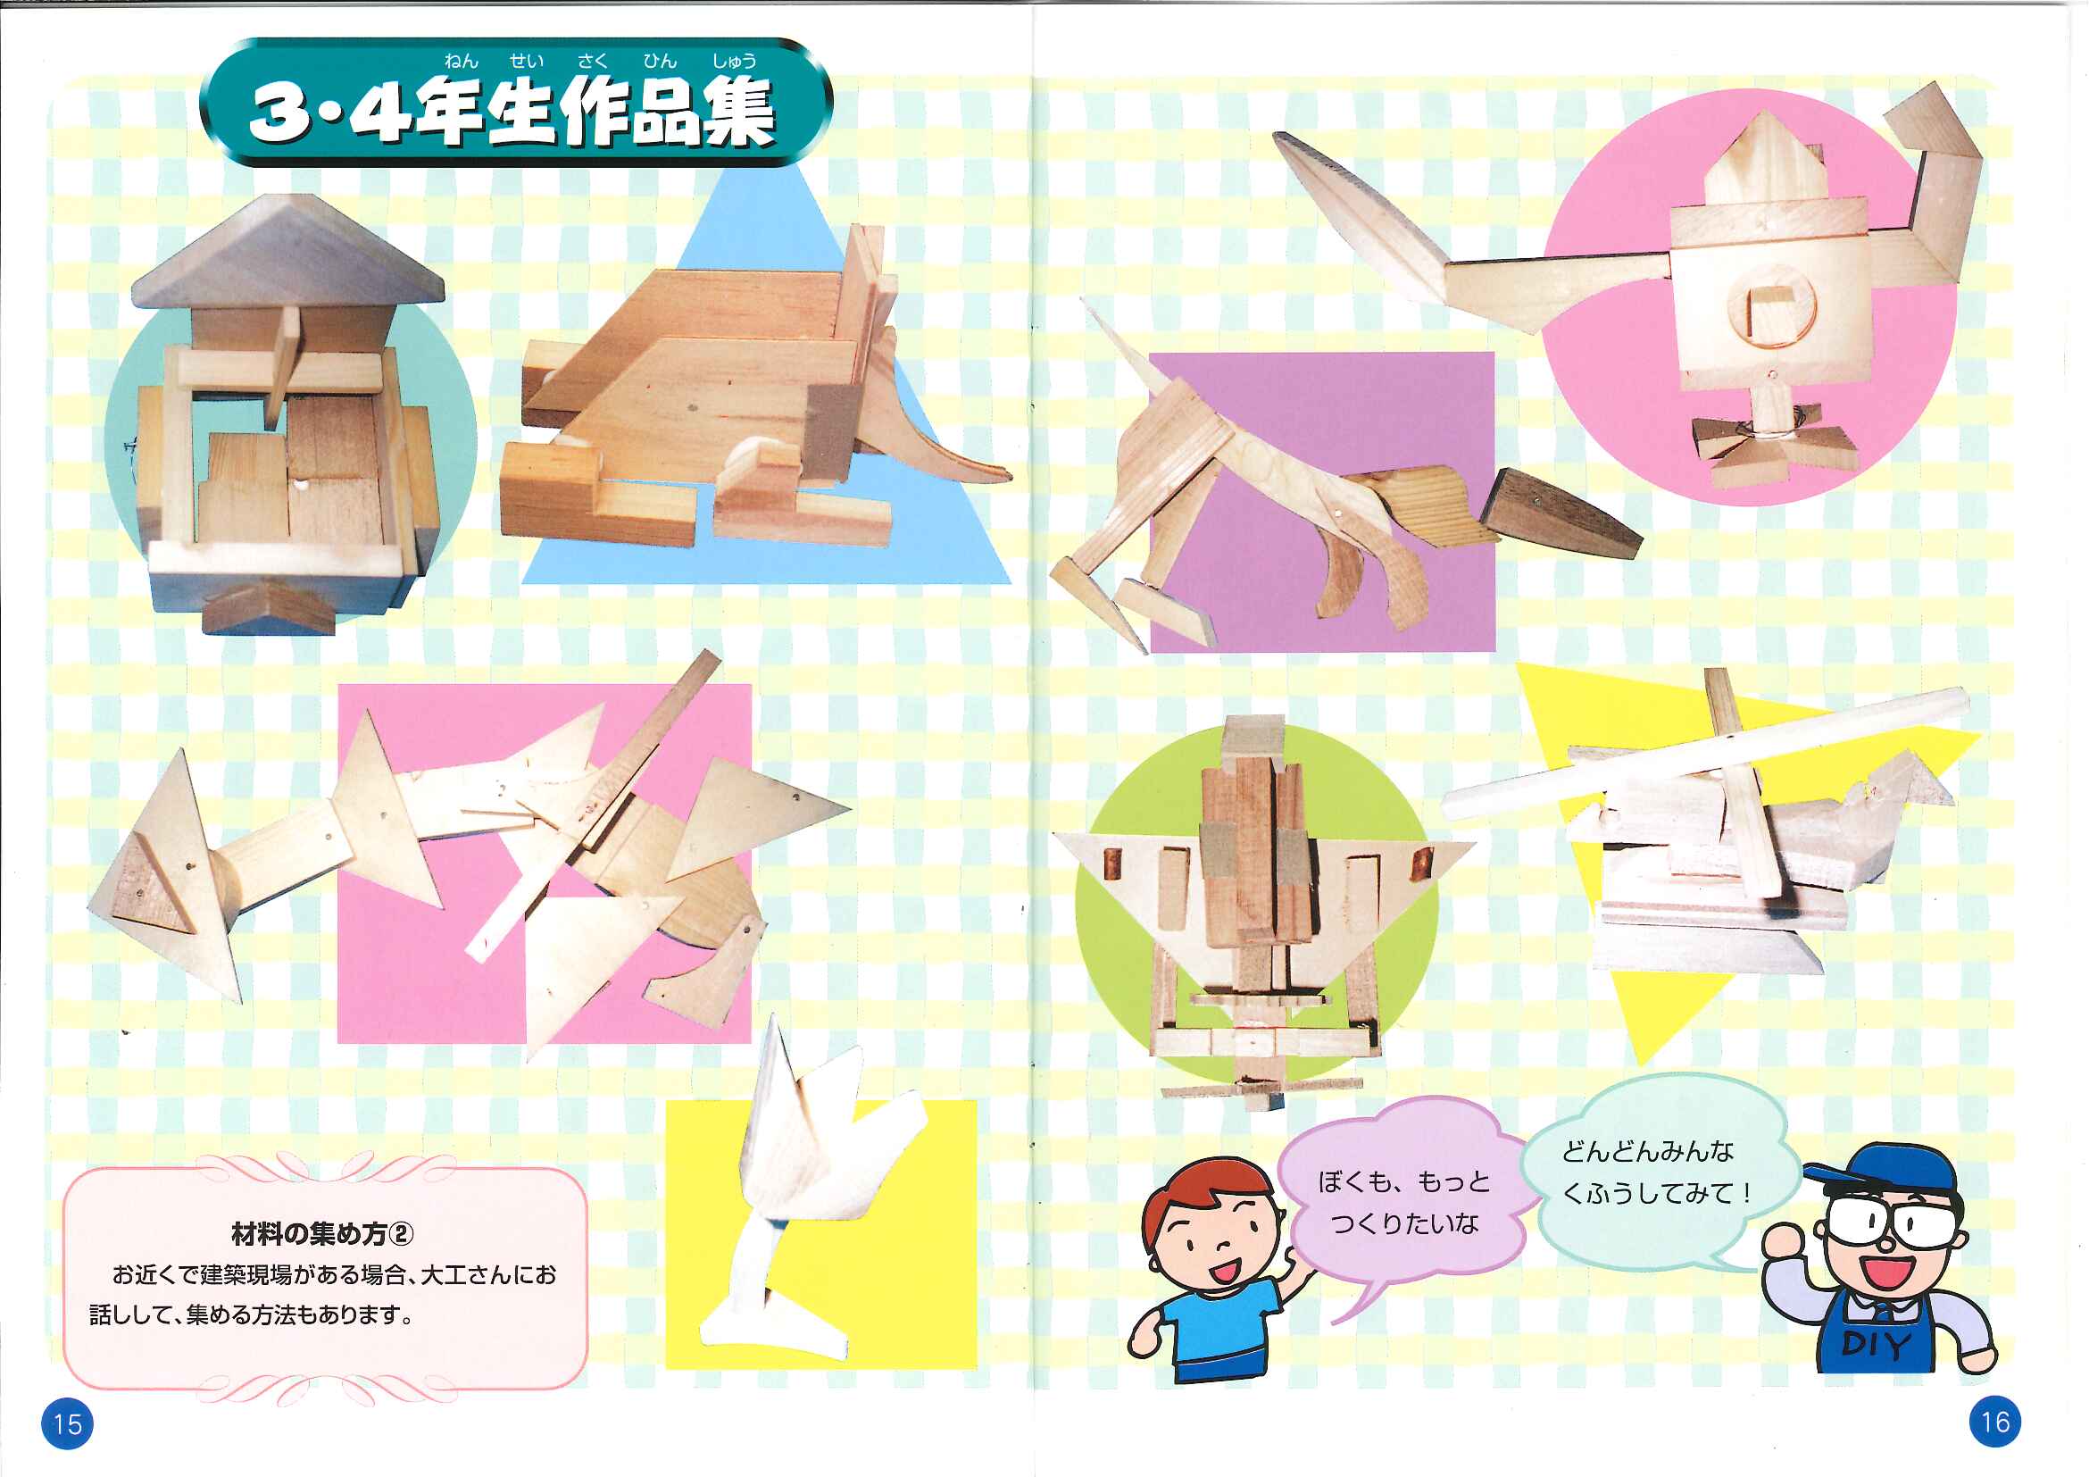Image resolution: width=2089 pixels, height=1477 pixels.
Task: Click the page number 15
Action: pyautogui.click(x=67, y=1423)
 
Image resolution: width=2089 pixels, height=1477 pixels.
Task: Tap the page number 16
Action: pyautogui.click(x=1994, y=1422)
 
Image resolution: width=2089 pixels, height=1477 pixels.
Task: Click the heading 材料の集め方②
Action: pyautogui.click(x=322, y=1234)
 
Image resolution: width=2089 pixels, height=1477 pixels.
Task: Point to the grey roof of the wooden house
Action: pyautogui.click(x=287, y=249)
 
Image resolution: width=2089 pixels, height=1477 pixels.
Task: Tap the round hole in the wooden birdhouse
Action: pyautogui.click(x=1769, y=313)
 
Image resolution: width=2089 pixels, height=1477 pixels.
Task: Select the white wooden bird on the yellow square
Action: pyautogui.click(x=801, y=1192)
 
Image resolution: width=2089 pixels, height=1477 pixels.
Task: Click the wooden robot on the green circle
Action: pyautogui.click(x=1261, y=910)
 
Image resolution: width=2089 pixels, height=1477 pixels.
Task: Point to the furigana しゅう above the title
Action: pyautogui.click(x=734, y=61)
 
